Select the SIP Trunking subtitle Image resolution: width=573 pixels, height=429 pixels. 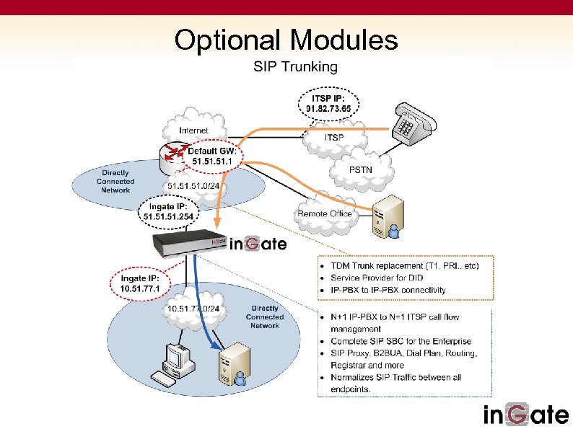tap(294, 67)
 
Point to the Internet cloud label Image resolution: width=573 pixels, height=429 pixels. tap(193, 131)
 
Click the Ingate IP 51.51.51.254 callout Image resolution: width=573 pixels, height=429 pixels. tap(168, 211)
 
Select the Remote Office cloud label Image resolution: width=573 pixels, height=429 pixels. tap(324, 213)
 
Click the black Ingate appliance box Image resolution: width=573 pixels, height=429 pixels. tap(189, 242)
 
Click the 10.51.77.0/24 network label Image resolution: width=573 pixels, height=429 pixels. tap(193, 309)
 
